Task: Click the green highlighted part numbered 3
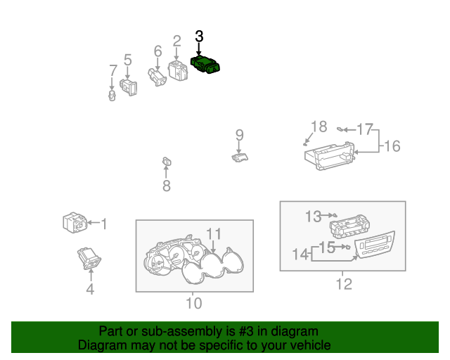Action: [205, 65]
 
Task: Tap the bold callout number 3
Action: [199, 37]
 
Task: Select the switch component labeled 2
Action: [178, 70]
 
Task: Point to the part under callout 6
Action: [157, 77]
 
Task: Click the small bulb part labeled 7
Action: [112, 96]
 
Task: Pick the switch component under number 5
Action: [128, 87]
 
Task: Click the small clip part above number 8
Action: [167, 162]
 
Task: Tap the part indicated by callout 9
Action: [240, 157]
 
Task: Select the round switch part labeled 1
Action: [75, 223]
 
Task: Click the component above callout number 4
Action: [89, 259]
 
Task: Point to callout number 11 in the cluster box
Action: [214, 234]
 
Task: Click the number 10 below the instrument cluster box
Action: [194, 303]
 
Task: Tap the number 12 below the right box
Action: [344, 284]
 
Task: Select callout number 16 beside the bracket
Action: [392, 146]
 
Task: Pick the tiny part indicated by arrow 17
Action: [340, 129]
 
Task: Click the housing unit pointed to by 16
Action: [330, 157]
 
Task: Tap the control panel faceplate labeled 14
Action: [375, 245]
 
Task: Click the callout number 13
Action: [313, 217]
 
